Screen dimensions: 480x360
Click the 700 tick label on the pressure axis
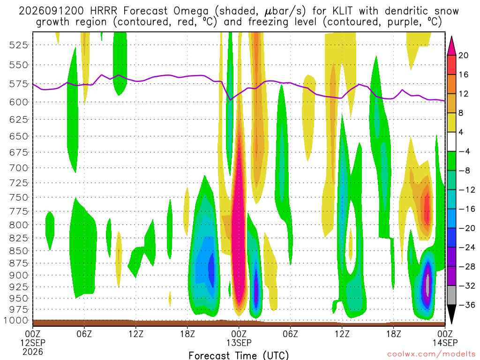pyautogui.click(x=19, y=168)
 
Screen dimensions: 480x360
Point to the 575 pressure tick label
pyautogui.click(x=19, y=84)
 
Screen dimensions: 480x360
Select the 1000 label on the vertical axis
pyautogui.click(x=16, y=321)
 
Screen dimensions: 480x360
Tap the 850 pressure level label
pyautogui.click(x=19, y=251)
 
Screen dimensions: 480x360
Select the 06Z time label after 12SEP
pyautogui.click(x=84, y=333)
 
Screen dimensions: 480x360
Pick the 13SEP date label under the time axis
pyautogui.click(x=239, y=343)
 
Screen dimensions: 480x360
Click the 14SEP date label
pyautogui.click(x=445, y=343)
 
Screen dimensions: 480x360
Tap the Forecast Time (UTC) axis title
pyautogui.click(x=239, y=355)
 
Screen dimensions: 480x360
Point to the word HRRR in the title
pyautogui.click(x=104, y=11)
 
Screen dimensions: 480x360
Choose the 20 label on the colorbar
pyautogui.click(x=463, y=55)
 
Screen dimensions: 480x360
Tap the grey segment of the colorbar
pyautogui.click(x=451, y=295)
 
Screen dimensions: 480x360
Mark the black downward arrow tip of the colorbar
pyautogui.click(x=451, y=324)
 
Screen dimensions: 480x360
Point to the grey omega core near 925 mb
pyautogui.click(x=427, y=285)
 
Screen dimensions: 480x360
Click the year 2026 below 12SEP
pyautogui.click(x=33, y=352)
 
